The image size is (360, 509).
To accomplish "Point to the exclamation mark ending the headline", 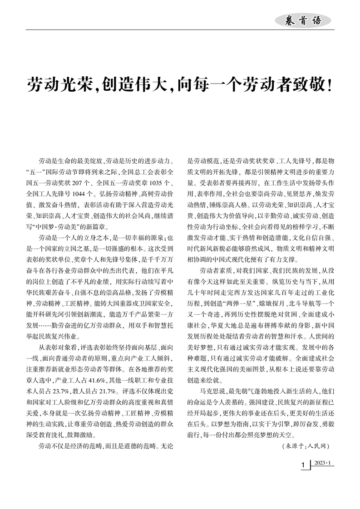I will pos(330,84).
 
